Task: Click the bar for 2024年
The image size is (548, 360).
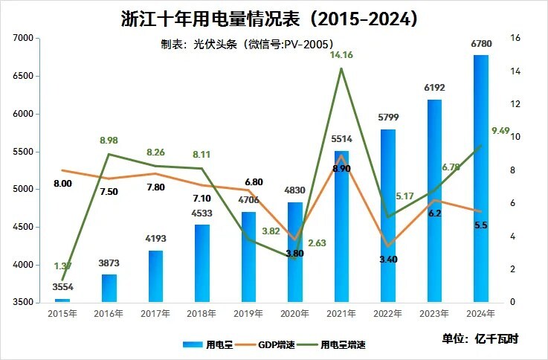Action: pyautogui.click(x=480, y=179)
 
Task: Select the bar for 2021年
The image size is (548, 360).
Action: pyautogui.click(x=341, y=227)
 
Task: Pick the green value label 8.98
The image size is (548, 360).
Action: pyautogui.click(x=109, y=140)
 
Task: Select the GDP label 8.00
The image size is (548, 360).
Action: pyautogui.click(x=62, y=183)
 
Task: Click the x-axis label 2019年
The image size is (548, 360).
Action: pyautogui.click(x=248, y=315)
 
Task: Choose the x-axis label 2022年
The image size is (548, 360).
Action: pyautogui.click(x=387, y=315)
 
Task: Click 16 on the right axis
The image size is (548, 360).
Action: pyautogui.click(x=515, y=38)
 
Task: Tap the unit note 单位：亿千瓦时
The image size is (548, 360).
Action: pyautogui.click(x=480, y=338)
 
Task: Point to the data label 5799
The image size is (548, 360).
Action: pyautogui.click(x=387, y=118)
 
